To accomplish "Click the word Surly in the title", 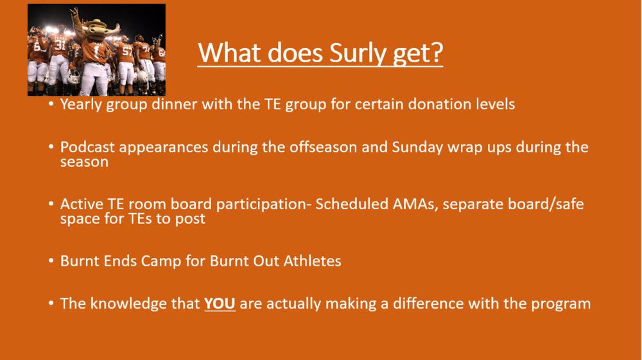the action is pyautogui.click(x=358, y=53).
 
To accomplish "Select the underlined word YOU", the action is pyautogui.click(x=220, y=304).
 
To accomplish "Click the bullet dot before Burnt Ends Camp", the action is pyautogui.click(x=51, y=260).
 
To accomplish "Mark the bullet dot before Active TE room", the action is pyautogui.click(x=51, y=203).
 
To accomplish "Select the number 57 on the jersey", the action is pyautogui.click(x=128, y=51).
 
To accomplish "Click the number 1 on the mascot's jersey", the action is pyautogui.click(x=97, y=51).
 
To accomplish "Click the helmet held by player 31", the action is pyautogui.click(x=74, y=76).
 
